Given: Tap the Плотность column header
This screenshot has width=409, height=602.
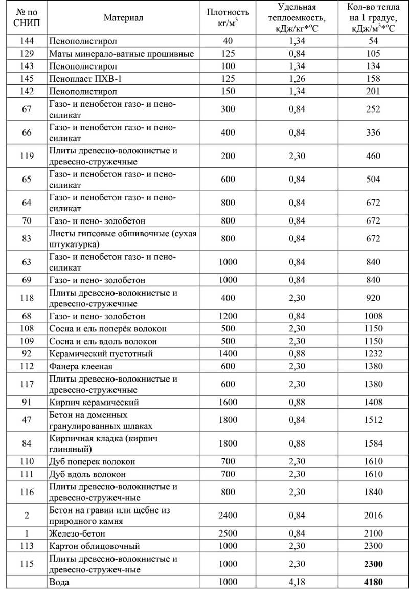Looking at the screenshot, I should (228, 17).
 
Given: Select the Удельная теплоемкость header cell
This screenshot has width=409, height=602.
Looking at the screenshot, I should (297, 18).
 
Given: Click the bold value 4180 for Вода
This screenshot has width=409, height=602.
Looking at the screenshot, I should (373, 582).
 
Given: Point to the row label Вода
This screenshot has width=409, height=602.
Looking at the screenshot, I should (59, 582).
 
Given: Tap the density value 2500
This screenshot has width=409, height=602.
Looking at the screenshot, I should (228, 533).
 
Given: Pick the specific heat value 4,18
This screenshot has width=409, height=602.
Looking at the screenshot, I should (297, 582).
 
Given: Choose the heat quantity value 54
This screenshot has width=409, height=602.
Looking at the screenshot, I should (373, 41).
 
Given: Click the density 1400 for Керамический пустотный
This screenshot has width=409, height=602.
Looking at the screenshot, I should (228, 353).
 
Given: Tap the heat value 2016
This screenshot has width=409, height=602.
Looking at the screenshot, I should (373, 516).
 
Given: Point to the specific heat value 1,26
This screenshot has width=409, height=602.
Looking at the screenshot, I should (297, 79).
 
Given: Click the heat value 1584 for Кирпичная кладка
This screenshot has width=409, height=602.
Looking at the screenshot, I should (373, 443).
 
